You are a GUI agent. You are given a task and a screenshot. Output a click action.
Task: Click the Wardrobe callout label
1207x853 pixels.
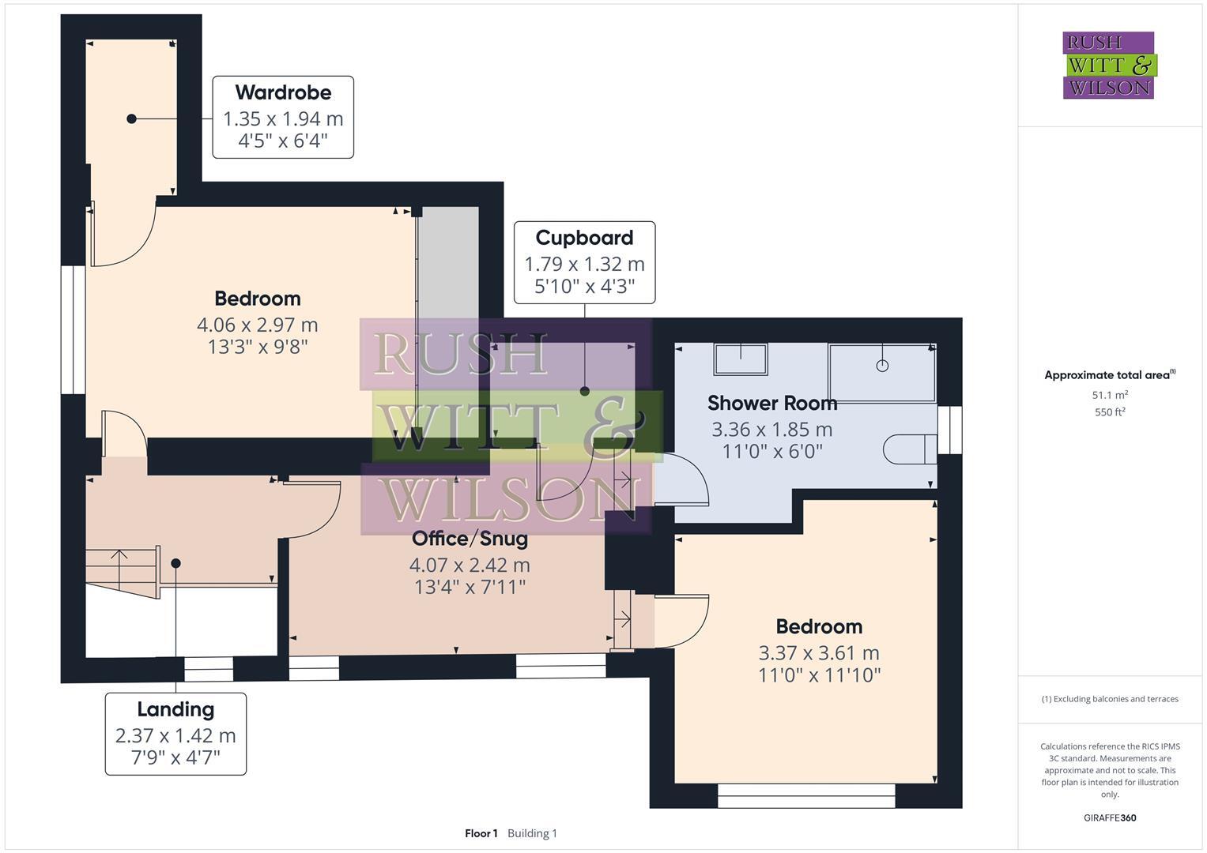[283, 93]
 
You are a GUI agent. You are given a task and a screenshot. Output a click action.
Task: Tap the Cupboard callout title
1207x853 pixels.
[584, 238]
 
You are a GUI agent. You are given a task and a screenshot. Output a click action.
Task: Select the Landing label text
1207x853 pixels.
[175, 709]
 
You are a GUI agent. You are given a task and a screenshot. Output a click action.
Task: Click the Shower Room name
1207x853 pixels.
[771, 404]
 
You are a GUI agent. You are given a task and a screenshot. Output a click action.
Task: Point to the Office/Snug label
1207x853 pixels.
[470, 539]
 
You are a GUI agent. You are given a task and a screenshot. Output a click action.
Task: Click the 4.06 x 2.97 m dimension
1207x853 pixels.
[257, 325]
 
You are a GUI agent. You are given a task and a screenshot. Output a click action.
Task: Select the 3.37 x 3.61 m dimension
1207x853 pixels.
[818, 653]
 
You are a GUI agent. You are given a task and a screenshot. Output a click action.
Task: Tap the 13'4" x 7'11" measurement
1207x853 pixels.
[470, 588]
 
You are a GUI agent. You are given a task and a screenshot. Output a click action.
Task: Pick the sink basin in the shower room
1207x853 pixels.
[741, 359]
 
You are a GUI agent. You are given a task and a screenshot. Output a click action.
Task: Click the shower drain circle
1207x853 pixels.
[882, 366]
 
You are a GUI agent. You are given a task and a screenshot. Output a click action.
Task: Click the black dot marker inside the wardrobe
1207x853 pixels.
[132, 118]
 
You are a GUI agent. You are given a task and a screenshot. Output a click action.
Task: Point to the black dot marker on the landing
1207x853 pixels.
[175, 563]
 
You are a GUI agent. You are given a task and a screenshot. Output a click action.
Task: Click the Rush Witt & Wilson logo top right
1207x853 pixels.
[1108, 66]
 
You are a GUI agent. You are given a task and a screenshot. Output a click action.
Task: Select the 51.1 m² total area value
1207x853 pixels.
[1110, 396]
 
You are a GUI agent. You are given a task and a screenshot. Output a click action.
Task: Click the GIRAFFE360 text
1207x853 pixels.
[1110, 818]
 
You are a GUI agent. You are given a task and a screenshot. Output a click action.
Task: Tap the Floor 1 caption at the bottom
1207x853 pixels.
[481, 833]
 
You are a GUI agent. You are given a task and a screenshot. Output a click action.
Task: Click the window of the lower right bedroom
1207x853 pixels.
[806, 795]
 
